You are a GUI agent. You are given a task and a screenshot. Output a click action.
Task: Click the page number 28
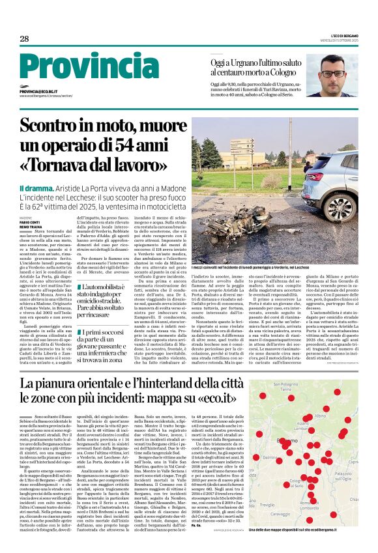pos(24,39)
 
